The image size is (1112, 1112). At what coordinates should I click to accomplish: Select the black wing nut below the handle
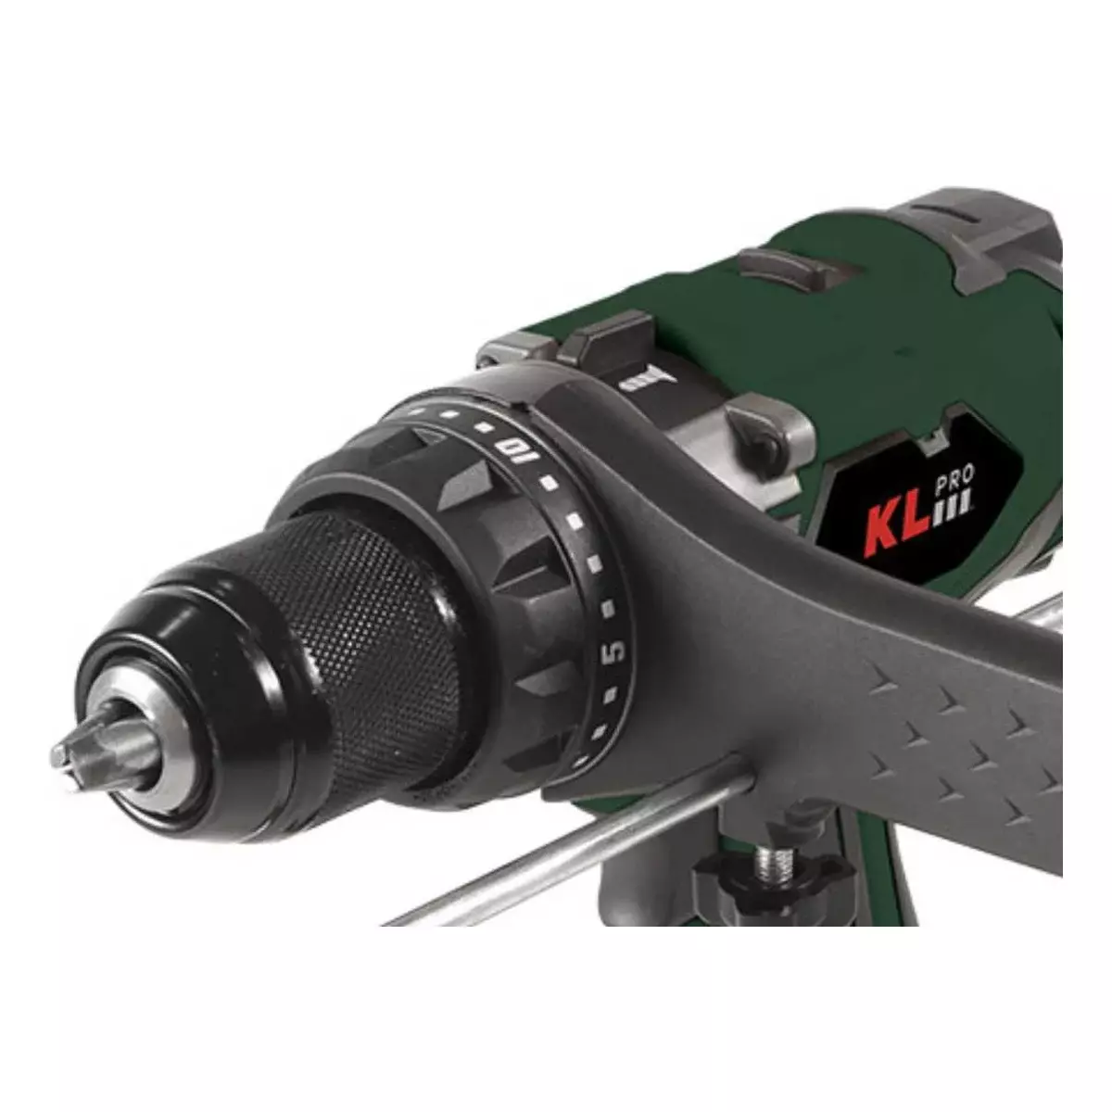point(773,884)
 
